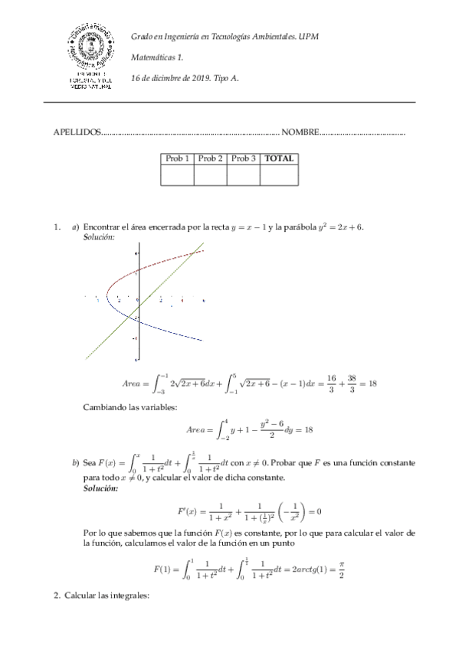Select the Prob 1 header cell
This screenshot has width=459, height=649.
[177, 158]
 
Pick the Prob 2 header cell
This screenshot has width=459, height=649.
[210, 158]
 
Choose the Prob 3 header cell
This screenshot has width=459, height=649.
[243, 158]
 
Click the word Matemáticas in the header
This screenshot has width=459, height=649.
[153, 57]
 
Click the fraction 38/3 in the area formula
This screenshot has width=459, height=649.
[348, 382]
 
